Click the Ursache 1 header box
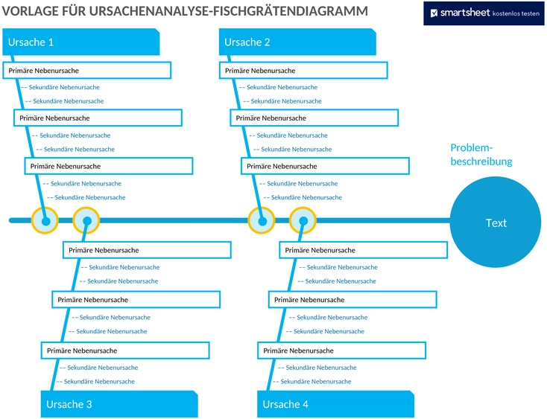81,42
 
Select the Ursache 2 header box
297,42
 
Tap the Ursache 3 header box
119,404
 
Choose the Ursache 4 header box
335,404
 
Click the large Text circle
496,223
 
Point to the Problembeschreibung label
481,154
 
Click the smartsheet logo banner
484,13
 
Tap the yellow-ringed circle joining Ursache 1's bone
45,220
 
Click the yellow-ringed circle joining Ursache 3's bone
86,220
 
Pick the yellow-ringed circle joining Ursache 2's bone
262,220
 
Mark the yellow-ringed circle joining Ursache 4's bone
303,220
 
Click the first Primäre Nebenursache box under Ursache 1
87,71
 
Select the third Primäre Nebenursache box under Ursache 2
325,166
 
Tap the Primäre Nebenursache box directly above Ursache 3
126,351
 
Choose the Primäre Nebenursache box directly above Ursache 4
342,351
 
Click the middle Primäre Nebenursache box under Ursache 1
98,118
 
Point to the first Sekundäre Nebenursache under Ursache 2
282,87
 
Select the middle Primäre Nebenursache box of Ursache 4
352,299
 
